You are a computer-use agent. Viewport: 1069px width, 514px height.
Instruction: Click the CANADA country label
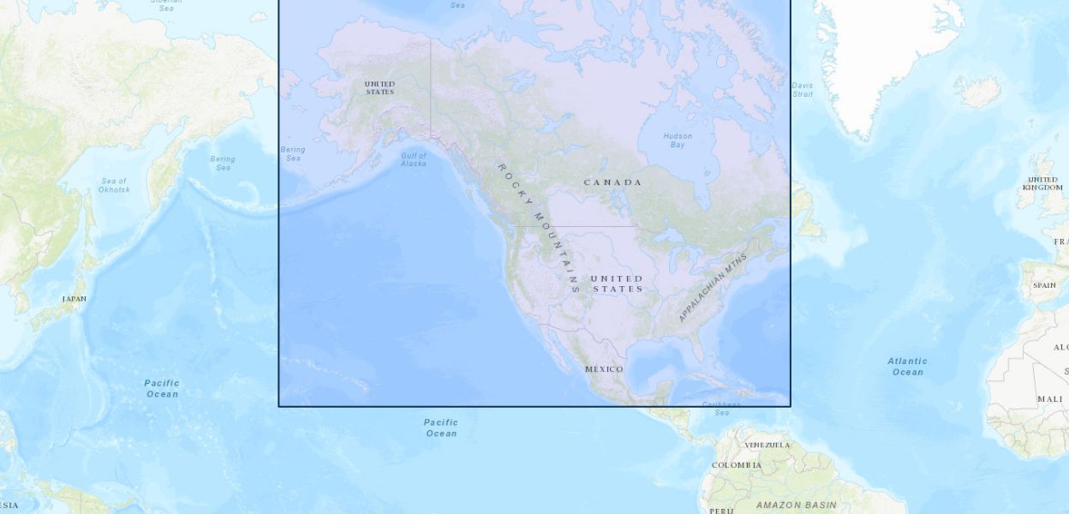[612, 182]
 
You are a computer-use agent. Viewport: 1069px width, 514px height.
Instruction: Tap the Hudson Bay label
[678, 140]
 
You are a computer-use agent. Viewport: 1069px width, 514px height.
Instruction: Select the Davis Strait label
[802, 89]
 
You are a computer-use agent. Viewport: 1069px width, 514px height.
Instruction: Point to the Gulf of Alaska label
[413, 159]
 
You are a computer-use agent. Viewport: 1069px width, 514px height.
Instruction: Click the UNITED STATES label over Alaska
[379, 87]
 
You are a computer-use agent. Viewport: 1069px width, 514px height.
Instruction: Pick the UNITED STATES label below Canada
[617, 284]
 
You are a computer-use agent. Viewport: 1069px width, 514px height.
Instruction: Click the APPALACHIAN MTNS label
[713, 287]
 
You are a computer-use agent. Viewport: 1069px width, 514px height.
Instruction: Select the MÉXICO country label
[604, 369]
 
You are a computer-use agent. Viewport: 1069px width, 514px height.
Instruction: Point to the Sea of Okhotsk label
[114, 185]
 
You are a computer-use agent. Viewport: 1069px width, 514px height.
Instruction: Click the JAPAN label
[74, 299]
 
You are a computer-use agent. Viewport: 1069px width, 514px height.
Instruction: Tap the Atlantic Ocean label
[907, 367]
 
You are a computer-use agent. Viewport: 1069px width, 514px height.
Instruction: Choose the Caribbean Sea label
[721, 409]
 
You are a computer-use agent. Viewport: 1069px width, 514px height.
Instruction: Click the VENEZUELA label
[767, 445]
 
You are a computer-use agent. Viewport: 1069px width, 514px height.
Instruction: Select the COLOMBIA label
[736, 465]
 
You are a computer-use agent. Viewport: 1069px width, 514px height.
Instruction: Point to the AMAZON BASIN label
[797, 505]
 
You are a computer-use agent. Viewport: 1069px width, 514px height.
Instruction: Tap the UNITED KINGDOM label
[1042, 183]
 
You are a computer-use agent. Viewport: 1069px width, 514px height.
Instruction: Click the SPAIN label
[1044, 285]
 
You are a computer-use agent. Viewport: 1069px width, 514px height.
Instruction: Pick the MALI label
[1049, 399]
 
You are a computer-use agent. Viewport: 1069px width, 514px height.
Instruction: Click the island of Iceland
[978, 91]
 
